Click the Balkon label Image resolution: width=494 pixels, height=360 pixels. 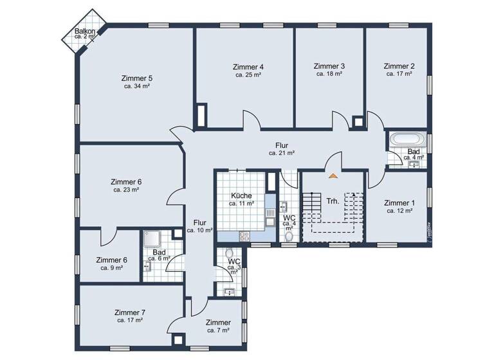coord(85,31)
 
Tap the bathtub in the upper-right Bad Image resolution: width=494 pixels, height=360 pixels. coord(407,139)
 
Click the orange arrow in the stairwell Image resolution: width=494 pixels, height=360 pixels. coord(333,174)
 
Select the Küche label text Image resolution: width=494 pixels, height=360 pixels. coord(241,195)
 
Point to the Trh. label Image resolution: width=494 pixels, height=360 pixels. coord(333,201)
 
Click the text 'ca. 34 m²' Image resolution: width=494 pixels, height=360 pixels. coord(137,86)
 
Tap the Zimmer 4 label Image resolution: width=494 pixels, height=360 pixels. coord(248,67)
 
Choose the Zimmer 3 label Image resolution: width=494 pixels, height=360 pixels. coord(329,66)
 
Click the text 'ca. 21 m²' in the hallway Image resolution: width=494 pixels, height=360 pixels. coord(282,153)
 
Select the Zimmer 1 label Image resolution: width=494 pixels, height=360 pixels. coord(399,203)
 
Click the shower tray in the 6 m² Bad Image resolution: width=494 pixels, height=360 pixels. coord(153,239)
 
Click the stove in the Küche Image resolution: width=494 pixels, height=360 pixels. coord(244,236)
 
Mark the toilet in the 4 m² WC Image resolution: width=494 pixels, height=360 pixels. coord(289,237)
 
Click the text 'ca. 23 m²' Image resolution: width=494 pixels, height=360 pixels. coord(126,190)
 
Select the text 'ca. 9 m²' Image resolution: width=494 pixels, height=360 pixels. coord(111,267)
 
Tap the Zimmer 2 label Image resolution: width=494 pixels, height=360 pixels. coord(399,66)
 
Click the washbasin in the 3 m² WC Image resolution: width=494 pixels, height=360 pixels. coord(230,292)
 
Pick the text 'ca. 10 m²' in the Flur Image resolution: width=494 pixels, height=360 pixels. coord(200,230)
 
